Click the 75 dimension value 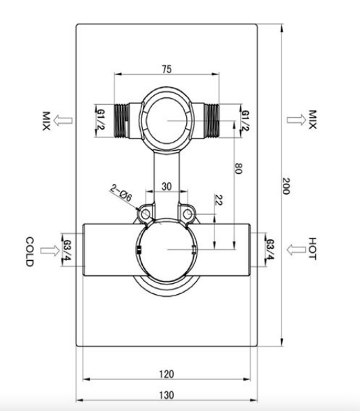pos(166,69)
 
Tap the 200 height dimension pos(286,186)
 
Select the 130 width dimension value pos(166,395)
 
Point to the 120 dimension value pos(166,374)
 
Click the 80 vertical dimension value pos(238,168)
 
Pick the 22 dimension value pos(219,200)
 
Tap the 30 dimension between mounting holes pos(166,187)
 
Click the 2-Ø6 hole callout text pos(121,193)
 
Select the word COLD pos(30,251)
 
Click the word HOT pos(312,249)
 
